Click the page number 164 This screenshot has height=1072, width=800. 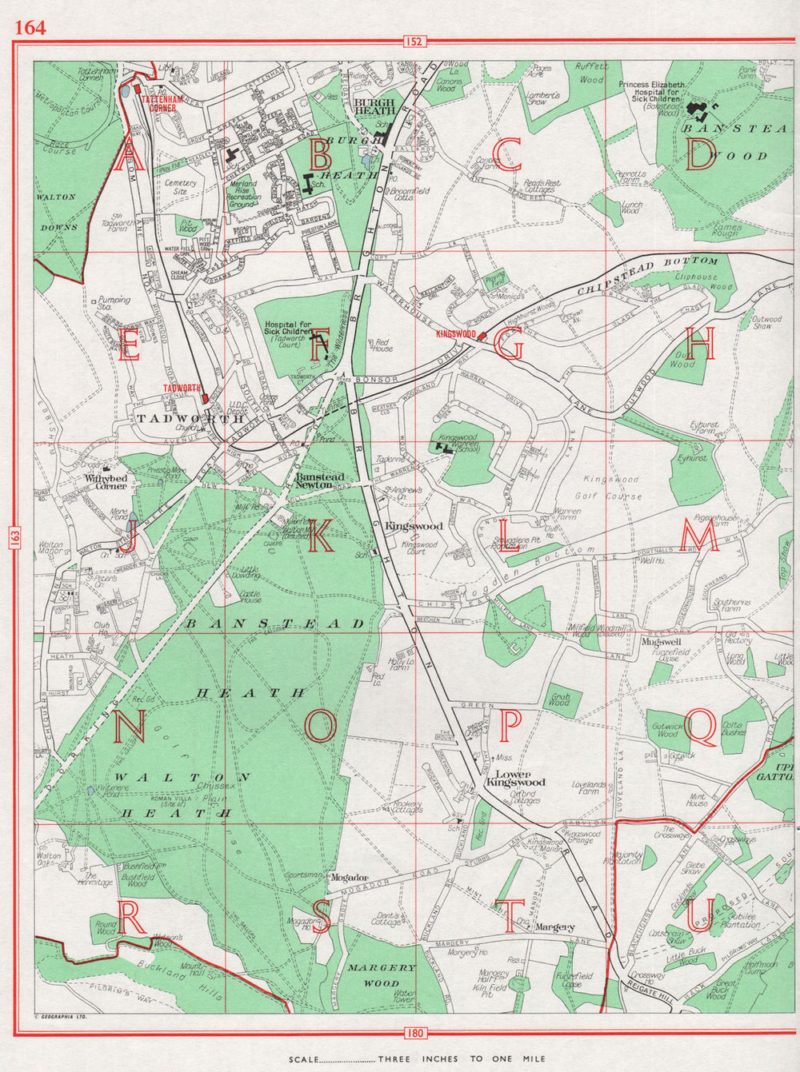click(x=30, y=27)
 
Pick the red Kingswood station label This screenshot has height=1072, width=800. click(x=456, y=334)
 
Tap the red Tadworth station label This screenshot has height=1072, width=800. click(x=181, y=388)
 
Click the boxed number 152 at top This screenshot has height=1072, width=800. click(x=414, y=42)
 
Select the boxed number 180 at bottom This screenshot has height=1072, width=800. click(x=414, y=1034)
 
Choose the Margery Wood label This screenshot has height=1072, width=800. click(x=382, y=974)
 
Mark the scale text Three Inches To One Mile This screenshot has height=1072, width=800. click(x=462, y=1059)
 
